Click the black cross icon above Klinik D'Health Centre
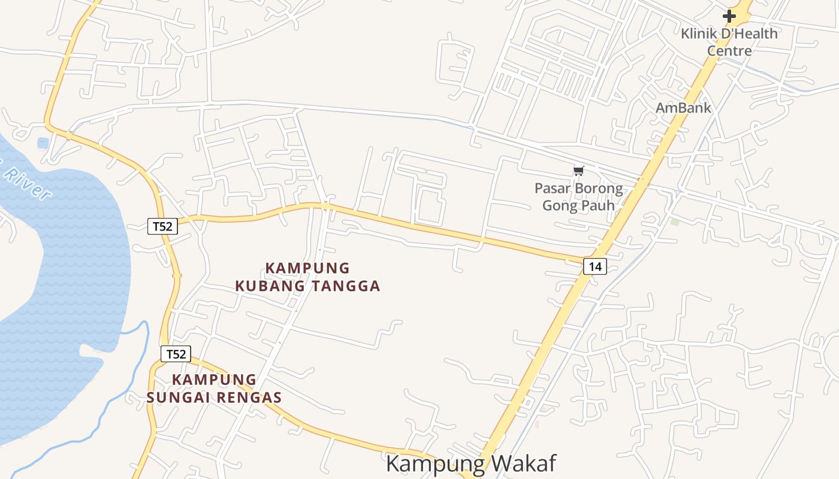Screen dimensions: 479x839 click(x=729, y=16)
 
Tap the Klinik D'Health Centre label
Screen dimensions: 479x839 click(x=729, y=42)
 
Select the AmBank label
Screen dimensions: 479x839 click(x=683, y=108)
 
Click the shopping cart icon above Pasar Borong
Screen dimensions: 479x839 click(x=578, y=171)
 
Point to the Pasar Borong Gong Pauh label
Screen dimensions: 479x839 click(x=578, y=197)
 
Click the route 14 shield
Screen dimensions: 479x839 click(x=594, y=266)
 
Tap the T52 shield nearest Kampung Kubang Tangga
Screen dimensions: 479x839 click(x=162, y=226)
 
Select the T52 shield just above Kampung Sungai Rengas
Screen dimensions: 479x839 click(x=176, y=354)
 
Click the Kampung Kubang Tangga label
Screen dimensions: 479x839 click(x=307, y=277)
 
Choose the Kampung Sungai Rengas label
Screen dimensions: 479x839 click(x=214, y=388)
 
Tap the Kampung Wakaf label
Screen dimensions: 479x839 click(x=471, y=463)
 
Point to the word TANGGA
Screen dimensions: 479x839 click(x=346, y=286)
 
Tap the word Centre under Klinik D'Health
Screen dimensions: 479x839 click(x=729, y=51)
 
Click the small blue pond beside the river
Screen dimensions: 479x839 click(x=43, y=143)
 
